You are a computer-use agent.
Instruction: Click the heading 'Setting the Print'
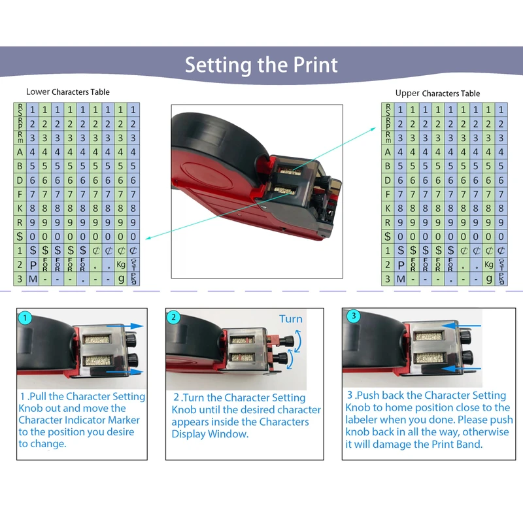(x=261, y=65)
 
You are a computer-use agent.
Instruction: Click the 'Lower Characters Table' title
(x=68, y=92)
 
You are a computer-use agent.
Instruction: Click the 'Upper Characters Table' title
(x=437, y=93)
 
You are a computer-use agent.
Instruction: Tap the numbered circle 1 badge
(x=25, y=318)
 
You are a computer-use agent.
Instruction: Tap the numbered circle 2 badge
(x=174, y=318)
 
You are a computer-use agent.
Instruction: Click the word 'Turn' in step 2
(x=291, y=319)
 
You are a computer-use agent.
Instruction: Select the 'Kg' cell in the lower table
(x=121, y=265)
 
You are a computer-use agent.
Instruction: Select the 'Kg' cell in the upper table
(x=489, y=265)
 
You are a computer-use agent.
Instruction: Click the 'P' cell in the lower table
(x=33, y=265)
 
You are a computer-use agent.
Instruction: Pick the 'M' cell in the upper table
(x=400, y=279)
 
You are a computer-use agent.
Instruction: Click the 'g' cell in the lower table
(x=121, y=279)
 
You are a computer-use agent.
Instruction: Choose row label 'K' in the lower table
(x=20, y=208)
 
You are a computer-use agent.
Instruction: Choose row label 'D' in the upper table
(x=388, y=180)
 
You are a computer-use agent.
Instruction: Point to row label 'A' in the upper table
(x=388, y=152)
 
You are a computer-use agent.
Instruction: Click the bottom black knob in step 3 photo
(x=467, y=358)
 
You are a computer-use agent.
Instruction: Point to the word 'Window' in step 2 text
(x=230, y=434)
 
